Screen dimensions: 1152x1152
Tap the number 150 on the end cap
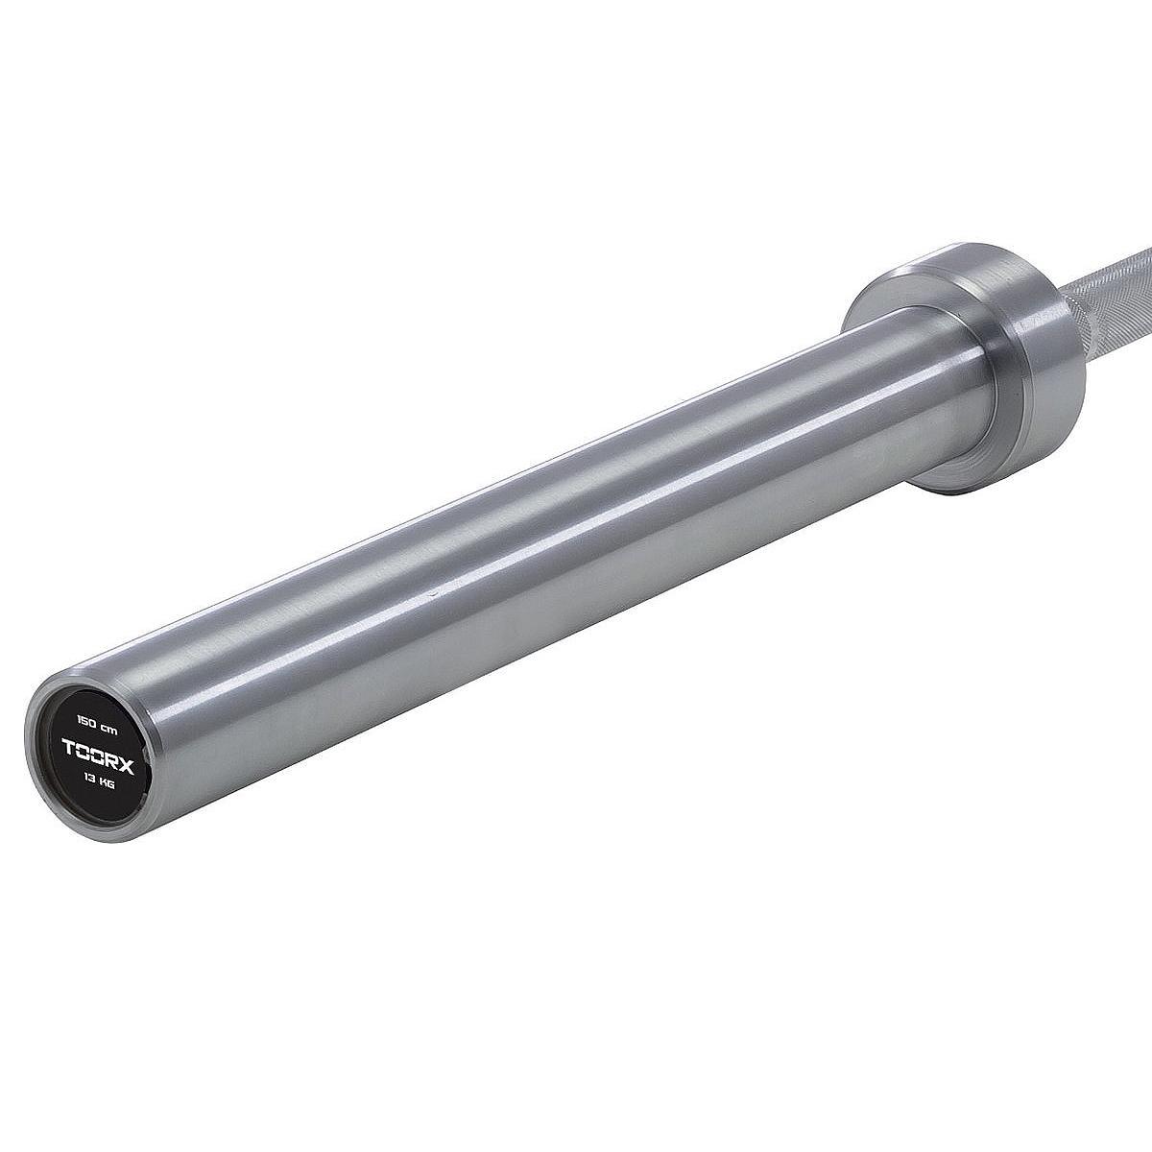tap(80, 736)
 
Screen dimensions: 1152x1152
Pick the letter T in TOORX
tap(68, 759)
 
